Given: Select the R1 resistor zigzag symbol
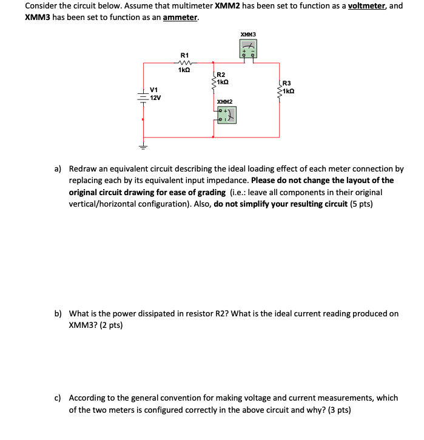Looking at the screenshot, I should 184,62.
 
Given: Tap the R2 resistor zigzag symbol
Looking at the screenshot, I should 214,82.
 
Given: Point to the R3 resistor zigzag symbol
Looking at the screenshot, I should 280,92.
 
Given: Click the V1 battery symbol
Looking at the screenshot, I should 143,96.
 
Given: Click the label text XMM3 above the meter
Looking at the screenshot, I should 247,34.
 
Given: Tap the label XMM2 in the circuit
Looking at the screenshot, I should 225,102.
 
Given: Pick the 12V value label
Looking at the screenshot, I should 155,97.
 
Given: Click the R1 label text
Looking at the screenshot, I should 184,55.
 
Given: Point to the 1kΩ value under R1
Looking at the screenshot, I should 184,70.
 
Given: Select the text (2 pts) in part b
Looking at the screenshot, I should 110,325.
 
